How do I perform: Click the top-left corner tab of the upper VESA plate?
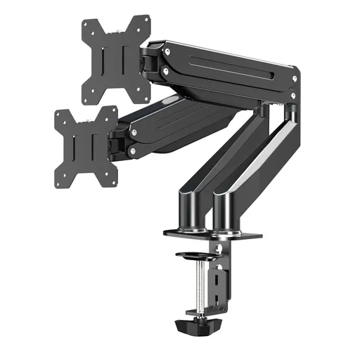point(86,23)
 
